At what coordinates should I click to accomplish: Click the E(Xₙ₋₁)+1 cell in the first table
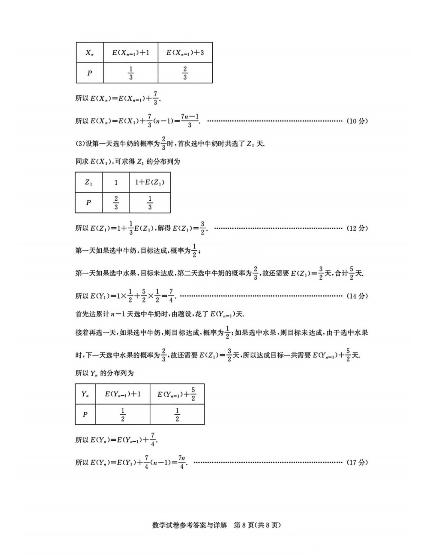tap(130, 53)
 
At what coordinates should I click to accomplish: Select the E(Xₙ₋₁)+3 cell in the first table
tap(185, 53)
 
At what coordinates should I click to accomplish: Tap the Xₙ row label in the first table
tap(90, 53)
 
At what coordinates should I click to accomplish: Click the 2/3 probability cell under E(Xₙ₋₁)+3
tap(185, 73)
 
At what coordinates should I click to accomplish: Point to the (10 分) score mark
tap(357, 121)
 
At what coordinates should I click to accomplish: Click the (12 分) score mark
tap(357, 228)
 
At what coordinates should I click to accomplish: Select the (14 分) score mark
tap(357, 296)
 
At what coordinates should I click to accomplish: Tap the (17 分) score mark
tap(357, 463)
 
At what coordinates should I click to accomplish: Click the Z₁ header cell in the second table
tap(89, 182)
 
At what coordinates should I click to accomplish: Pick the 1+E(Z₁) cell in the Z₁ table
tap(150, 182)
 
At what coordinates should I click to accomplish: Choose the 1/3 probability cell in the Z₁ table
tap(150, 203)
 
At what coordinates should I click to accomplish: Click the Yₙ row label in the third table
tap(85, 394)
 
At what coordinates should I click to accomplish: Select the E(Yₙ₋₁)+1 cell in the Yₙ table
tap(123, 394)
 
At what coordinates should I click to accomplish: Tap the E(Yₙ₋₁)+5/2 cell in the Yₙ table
tap(177, 394)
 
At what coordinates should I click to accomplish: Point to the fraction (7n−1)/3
tap(190, 121)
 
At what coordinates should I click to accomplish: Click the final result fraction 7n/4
tap(182, 462)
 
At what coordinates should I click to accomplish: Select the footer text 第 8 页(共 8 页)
tap(257, 525)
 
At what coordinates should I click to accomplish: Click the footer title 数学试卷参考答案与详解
tap(190, 525)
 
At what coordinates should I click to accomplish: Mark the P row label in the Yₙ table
tap(85, 415)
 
